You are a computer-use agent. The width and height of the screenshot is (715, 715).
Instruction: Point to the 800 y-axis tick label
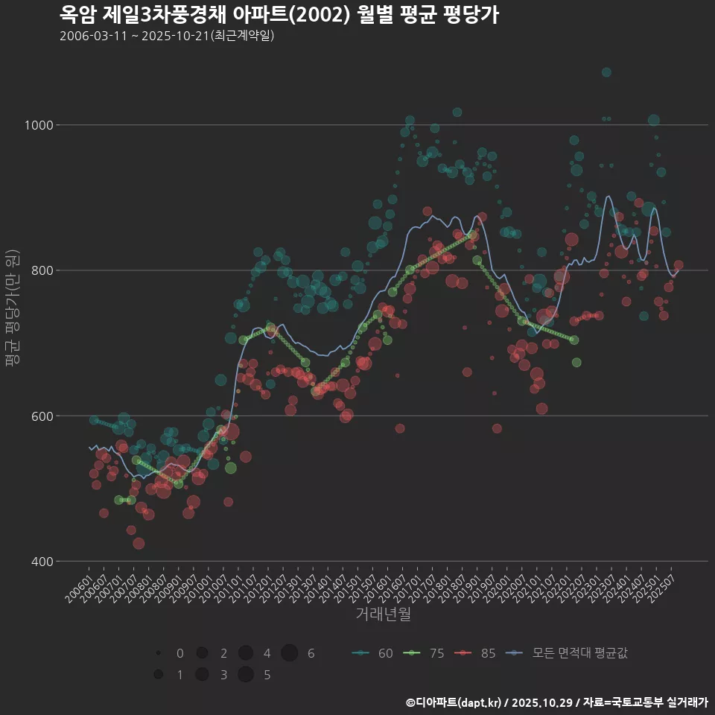(43, 270)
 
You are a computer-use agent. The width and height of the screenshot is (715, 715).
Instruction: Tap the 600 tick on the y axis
(43, 416)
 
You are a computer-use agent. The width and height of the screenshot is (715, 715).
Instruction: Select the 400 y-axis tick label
(43, 561)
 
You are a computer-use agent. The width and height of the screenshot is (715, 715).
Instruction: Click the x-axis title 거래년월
(383, 614)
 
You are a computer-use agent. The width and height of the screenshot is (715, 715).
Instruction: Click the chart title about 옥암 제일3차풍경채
(279, 14)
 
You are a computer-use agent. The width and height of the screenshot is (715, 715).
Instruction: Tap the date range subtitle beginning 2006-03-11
(167, 36)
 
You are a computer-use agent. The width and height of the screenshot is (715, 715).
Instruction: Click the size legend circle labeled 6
(290, 653)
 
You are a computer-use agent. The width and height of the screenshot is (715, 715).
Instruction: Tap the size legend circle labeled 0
(159, 653)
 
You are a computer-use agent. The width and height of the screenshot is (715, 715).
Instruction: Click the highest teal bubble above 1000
(606, 72)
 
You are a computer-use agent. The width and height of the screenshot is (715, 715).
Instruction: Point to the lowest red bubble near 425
(139, 543)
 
